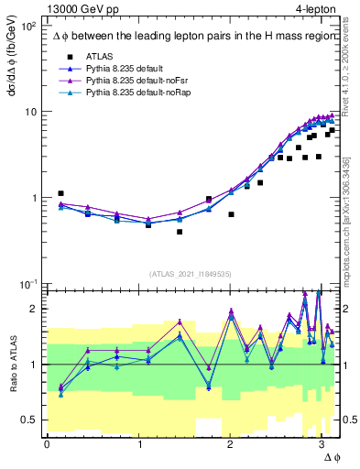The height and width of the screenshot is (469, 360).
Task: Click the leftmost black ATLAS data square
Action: click(60, 193)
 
